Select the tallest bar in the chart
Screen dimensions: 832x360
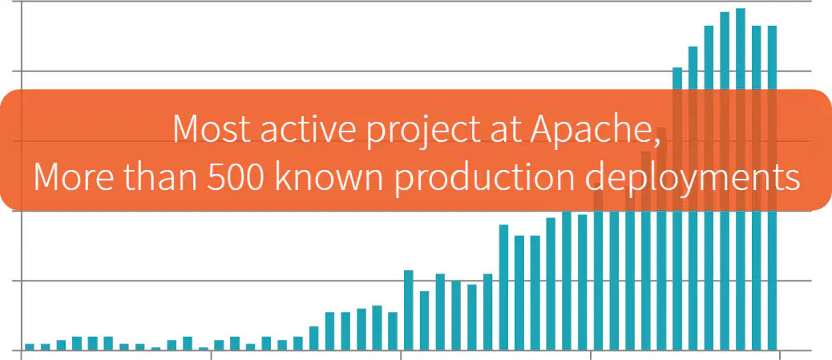(740, 180)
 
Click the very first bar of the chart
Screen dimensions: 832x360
(30, 347)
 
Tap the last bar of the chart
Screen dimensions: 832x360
(772, 188)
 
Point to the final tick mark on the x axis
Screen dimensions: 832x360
(779, 354)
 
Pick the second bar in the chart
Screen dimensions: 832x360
(45, 347)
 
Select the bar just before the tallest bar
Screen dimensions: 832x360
(725, 181)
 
